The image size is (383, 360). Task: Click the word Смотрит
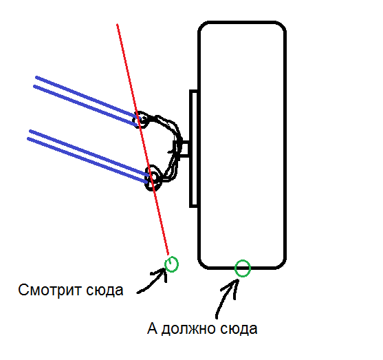point(50,290)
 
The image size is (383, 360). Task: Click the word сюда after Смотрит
point(105,290)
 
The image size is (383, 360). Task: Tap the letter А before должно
point(152,328)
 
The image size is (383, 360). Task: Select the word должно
point(188,329)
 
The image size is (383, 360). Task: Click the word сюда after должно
point(239,328)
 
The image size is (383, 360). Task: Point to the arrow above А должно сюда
point(226,298)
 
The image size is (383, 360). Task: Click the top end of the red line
point(118,24)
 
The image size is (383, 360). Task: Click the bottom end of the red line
point(168,255)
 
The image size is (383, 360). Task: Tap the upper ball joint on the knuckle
point(141,120)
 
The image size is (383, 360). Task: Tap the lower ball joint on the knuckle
point(153,178)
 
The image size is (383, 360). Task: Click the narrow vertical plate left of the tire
point(194,149)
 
